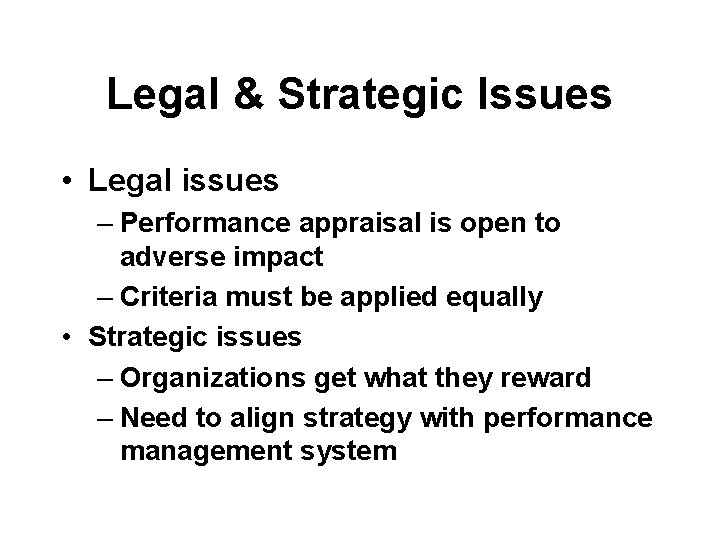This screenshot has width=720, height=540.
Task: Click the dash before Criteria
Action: pyautogui.click(x=107, y=298)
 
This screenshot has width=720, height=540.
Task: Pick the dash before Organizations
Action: pyautogui.click(x=107, y=379)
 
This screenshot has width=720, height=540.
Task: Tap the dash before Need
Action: pyautogui.click(x=107, y=419)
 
